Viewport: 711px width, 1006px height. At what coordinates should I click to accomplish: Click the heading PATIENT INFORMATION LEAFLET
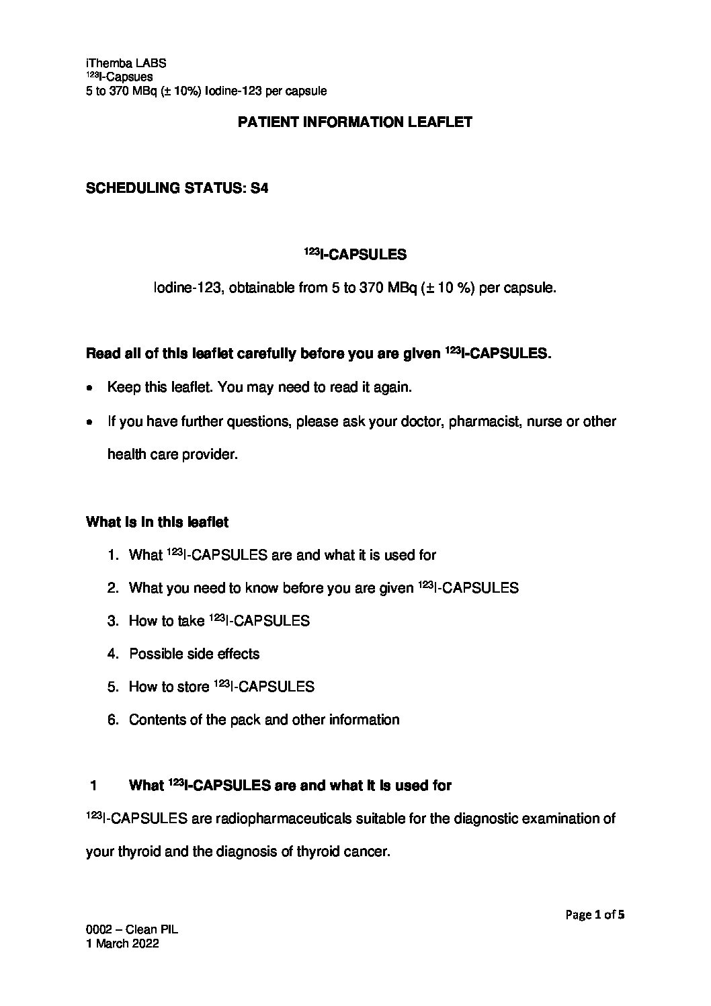pyautogui.click(x=355, y=122)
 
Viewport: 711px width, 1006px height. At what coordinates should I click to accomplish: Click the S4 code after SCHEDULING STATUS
pyautogui.click(x=259, y=189)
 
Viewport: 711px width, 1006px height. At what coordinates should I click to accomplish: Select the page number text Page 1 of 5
pyautogui.click(x=595, y=914)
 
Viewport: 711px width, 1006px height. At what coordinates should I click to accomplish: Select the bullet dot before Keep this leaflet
pyautogui.click(x=90, y=388)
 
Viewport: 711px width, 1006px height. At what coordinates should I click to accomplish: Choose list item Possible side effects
pyautogui.click(x=194, y=653)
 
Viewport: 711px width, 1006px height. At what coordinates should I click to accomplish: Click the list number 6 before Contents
pyautogui.click(x=113, y=720)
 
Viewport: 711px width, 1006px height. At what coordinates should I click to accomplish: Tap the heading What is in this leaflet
pyautogui.click(x=157, y=521)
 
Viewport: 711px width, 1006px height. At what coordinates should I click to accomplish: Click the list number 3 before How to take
pyautogui.click(x=113, y=621)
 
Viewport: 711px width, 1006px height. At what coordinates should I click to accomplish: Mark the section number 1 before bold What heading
pyautogui.click(x=94, y=786)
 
